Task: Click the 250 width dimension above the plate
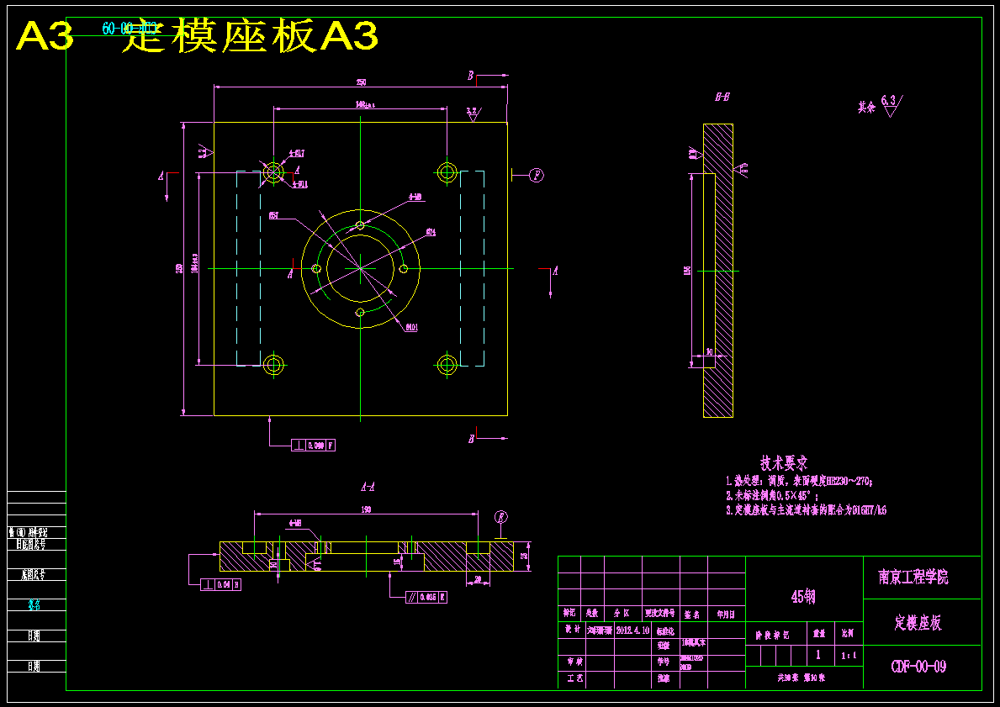[x=361, y=82]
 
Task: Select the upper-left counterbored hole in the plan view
[x=273, y=172]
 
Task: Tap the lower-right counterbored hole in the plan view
[x=447, y=364]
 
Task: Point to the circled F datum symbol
[x=536, y=175]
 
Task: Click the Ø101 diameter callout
[x=412, y=326]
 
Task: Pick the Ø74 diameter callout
[x=431, y=232]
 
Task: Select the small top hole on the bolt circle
[x=360, y=224]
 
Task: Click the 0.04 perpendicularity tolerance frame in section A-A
[x=220, y=584]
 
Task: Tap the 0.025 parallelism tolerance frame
[x=426, y=597]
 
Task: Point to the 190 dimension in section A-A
[x=367, y=509]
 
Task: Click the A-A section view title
[x=368, y=486]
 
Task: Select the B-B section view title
[x=722, y=98]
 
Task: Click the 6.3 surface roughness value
[x=888, y=100]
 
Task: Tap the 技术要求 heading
[x=784, y=462]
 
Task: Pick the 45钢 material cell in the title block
[x=803, y=597]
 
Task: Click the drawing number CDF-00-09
[x=918, y=667]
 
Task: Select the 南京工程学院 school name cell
[x=913, y=578]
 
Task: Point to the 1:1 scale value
[x=849, y=655]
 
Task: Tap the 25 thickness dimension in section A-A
[x=524, y=556]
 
